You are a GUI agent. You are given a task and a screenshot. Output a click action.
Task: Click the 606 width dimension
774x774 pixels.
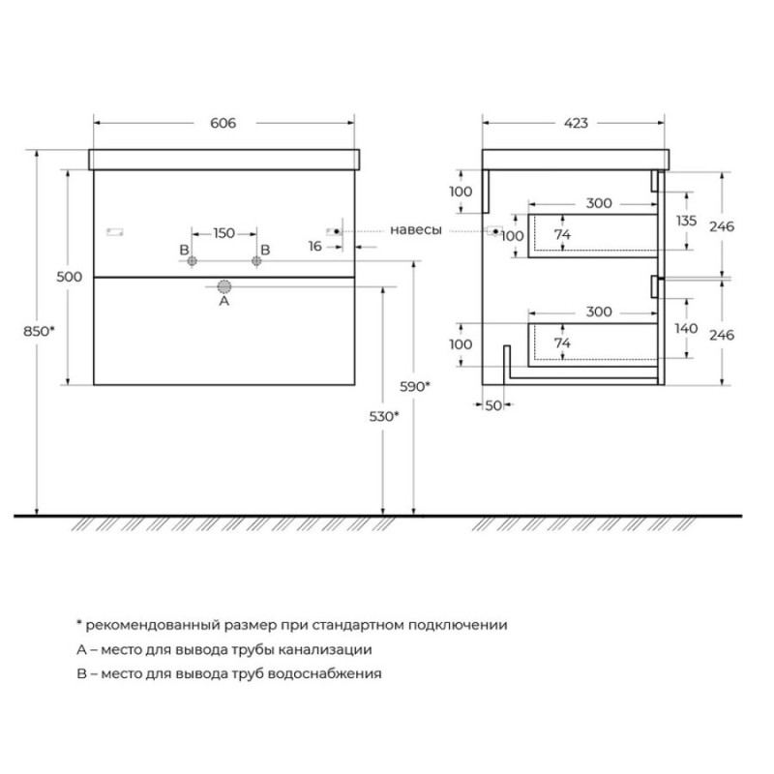[223, 123]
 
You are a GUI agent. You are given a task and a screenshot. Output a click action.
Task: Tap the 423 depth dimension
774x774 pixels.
[576, 123]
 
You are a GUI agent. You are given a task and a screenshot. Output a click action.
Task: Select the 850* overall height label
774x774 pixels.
[39, 331]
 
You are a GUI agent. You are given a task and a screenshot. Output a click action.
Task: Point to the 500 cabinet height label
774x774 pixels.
[69, 277]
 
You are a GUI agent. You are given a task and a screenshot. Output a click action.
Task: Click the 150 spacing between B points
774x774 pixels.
[224, 233]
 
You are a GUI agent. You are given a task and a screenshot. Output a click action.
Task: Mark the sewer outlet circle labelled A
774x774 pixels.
[224, 286]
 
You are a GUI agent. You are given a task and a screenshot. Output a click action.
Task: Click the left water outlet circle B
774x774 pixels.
[192, 261]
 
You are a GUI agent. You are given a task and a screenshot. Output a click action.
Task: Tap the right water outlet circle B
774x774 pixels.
[256, 261]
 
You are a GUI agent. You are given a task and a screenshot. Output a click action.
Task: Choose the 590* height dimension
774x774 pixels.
[415, 386]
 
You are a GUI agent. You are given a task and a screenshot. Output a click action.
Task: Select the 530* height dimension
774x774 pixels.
[384, 417]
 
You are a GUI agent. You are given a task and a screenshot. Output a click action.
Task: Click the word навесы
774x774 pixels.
[416, 230]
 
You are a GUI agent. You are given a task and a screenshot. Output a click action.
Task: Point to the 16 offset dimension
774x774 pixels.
[315, 246]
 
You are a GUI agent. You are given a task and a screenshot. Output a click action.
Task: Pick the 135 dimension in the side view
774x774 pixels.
[686, 221]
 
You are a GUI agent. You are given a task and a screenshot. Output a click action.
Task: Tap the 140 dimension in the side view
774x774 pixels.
[686, 328]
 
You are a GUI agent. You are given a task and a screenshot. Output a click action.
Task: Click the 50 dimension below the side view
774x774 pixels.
[493, 405]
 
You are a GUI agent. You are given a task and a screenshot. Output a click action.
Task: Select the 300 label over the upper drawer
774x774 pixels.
[599, 203]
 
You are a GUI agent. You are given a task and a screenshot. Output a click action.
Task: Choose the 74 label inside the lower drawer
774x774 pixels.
[562, 342]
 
